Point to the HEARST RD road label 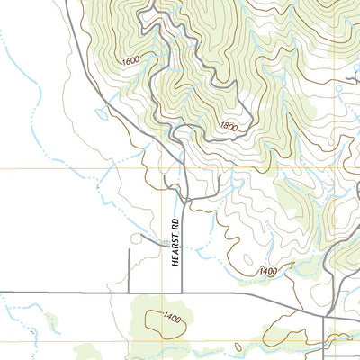click(177, 244)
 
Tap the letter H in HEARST click(177, 263)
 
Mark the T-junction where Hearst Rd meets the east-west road click(182, 292)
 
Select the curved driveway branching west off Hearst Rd click(144, 238)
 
